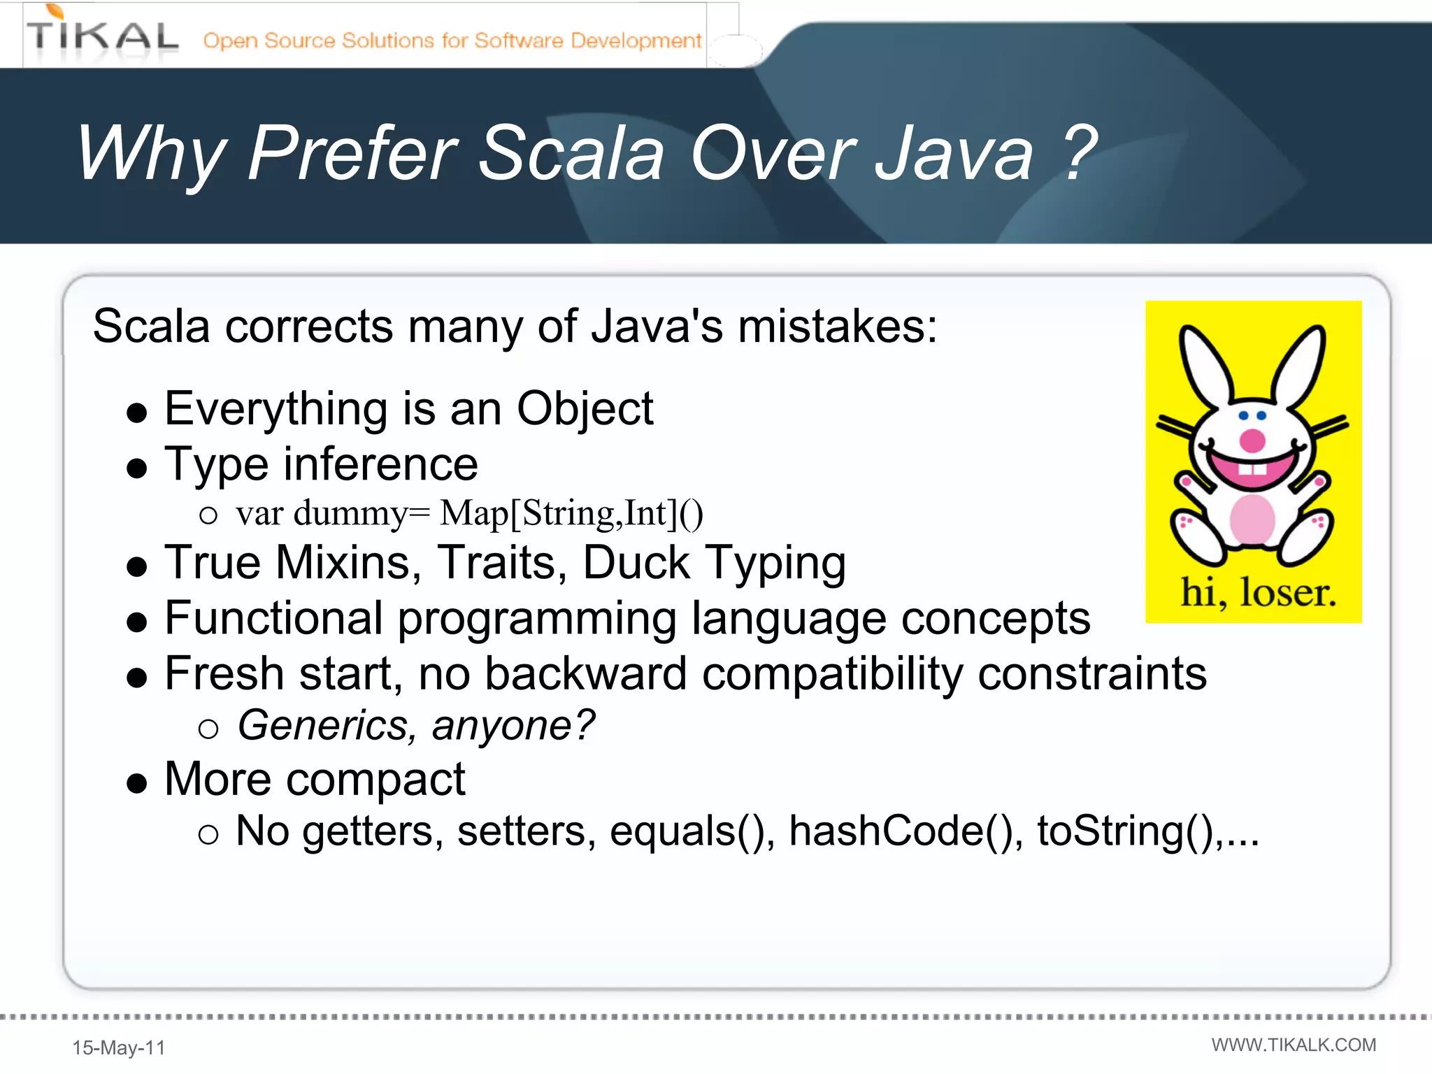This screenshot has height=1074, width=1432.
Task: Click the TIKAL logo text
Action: click(x=102, y=37)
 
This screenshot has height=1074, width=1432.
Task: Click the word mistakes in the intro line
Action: click(x=837, y=327)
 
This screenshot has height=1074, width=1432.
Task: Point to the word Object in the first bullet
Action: click(x=585, y=408)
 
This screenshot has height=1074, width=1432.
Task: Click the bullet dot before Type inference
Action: click(x=137, y=468)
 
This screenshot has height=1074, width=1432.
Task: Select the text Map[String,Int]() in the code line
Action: click(x=571, y=513)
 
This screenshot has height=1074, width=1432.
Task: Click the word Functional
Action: click(x=273, y=619)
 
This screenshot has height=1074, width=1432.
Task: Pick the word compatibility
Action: click(x=832, y=674)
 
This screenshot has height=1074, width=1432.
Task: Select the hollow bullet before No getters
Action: click(x=208, y=833)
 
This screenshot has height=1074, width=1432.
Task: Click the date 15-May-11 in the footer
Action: click(x=119, y=1047)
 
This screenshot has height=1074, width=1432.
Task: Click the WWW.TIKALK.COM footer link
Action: click(x=1294, y=1045)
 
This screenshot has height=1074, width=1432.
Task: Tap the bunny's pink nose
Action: click(x=1252, y=441)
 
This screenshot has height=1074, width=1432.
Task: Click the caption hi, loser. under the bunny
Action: click(x=1258, y=593)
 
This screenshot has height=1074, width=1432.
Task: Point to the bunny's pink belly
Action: click(x=1252, y=520)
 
